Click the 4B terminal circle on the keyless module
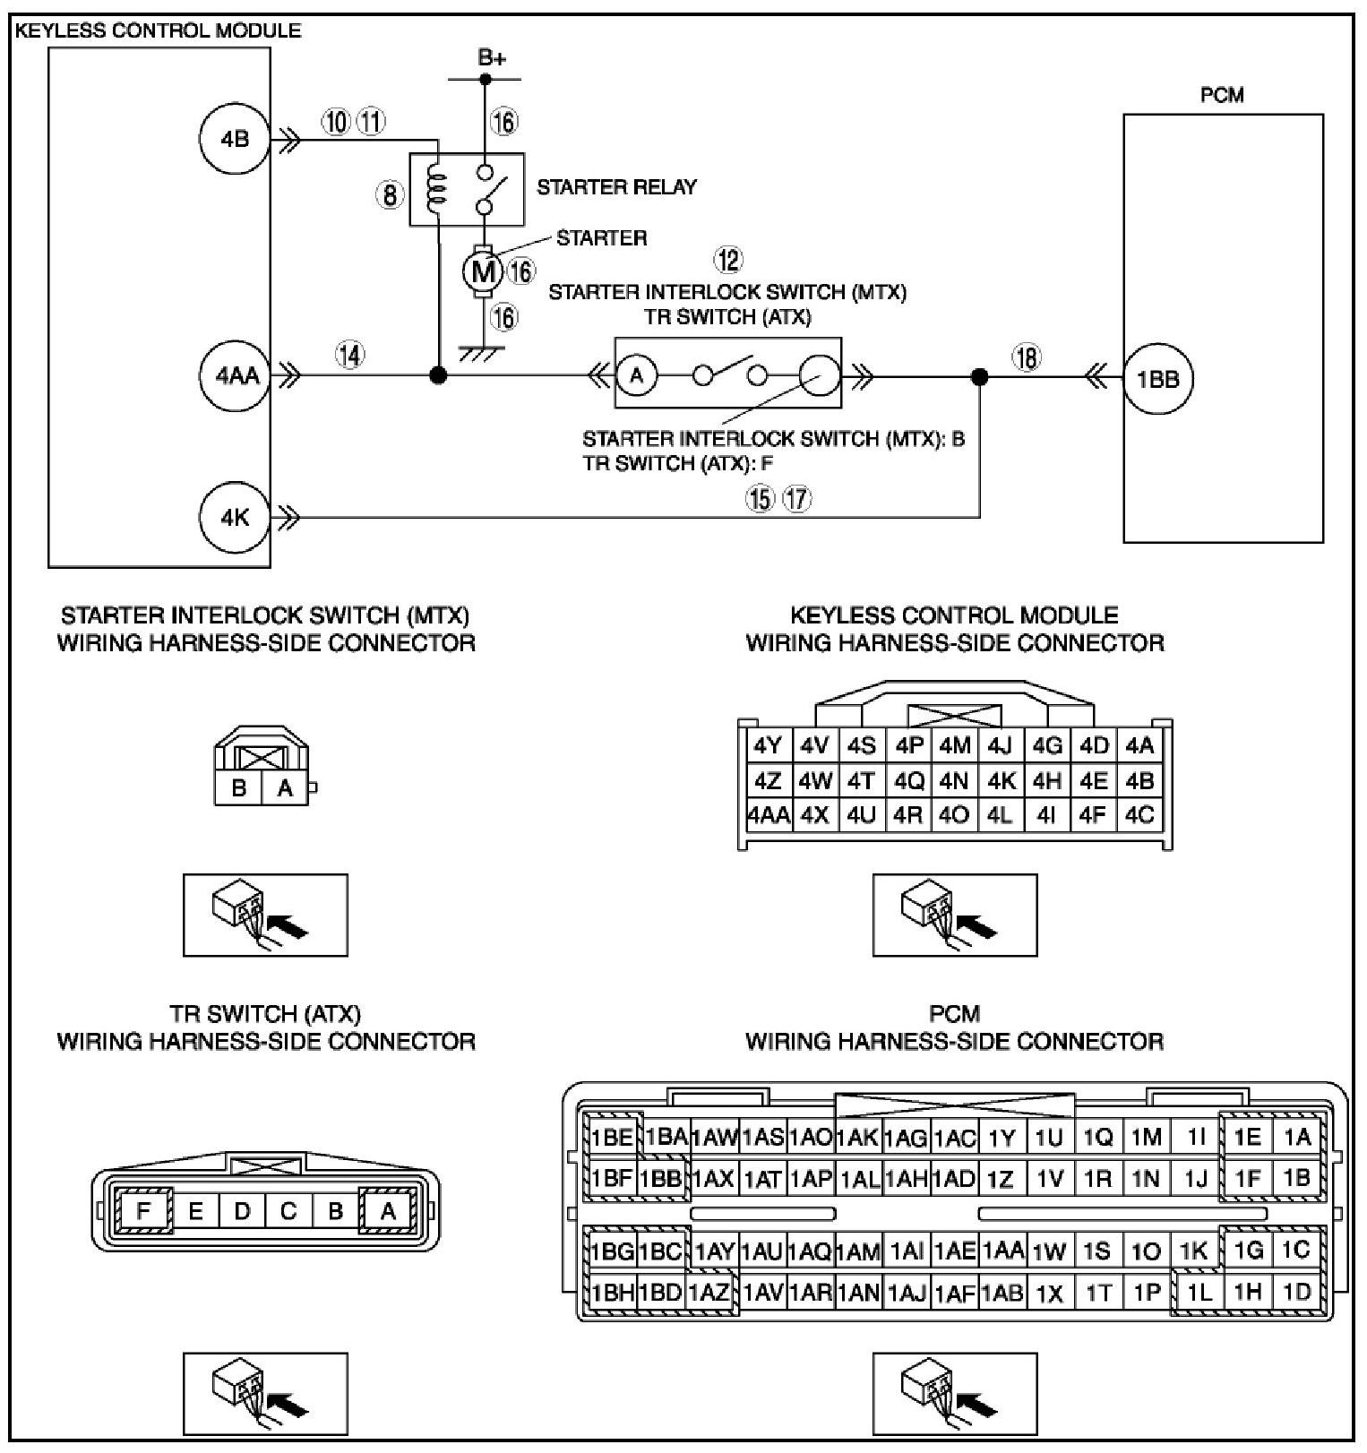(x=235, y=140)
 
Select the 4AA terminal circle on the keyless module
(x=236, y=376)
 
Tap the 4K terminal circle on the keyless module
(x=235, y=518)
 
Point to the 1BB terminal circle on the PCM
(x=1157, y=380)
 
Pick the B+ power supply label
(x=491, y=59)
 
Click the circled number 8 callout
(x=391, y=194)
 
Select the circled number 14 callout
(x=350, y=356)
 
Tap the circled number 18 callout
(x=1027, y=358)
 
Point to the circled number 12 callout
(x=727, y=261)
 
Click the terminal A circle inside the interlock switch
(x=637, y=375)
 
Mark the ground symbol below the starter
(x=484, y=355)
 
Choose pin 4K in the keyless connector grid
(x=1001, y=781)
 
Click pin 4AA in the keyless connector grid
(x=769, y=816)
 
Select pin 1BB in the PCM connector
(x=663, y=1178)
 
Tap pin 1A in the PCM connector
(x=1296, y=1137)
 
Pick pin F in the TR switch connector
(x=143, y=1211)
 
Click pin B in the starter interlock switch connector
(x=239, y=788)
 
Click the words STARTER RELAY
(x=616, y=187)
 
